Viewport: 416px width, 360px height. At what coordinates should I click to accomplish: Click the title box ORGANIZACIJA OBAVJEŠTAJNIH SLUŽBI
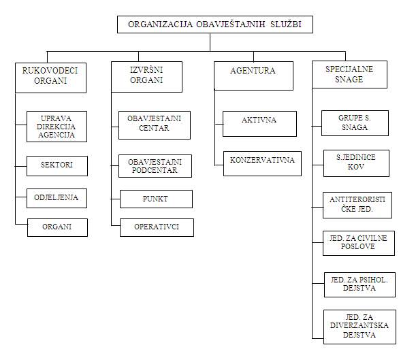215,24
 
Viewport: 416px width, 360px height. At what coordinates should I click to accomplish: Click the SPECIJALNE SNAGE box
349,74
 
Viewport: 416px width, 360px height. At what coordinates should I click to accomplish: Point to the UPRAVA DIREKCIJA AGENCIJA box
58,127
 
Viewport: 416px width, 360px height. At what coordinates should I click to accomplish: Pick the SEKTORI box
58,165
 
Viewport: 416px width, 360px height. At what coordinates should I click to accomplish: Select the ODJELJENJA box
58,198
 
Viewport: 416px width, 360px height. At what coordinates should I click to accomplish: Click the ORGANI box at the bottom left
58,227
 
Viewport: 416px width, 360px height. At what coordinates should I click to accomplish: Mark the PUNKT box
156,199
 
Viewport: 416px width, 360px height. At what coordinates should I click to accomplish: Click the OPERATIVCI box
157,227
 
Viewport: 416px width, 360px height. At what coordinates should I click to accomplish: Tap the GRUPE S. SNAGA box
354,123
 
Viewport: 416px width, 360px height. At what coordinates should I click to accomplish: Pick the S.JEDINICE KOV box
355,163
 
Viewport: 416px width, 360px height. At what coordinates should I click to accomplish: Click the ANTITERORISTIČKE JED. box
357,205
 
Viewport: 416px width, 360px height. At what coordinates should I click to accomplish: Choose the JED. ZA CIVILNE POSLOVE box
359,243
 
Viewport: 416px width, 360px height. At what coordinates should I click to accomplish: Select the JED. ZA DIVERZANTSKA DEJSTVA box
359,325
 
